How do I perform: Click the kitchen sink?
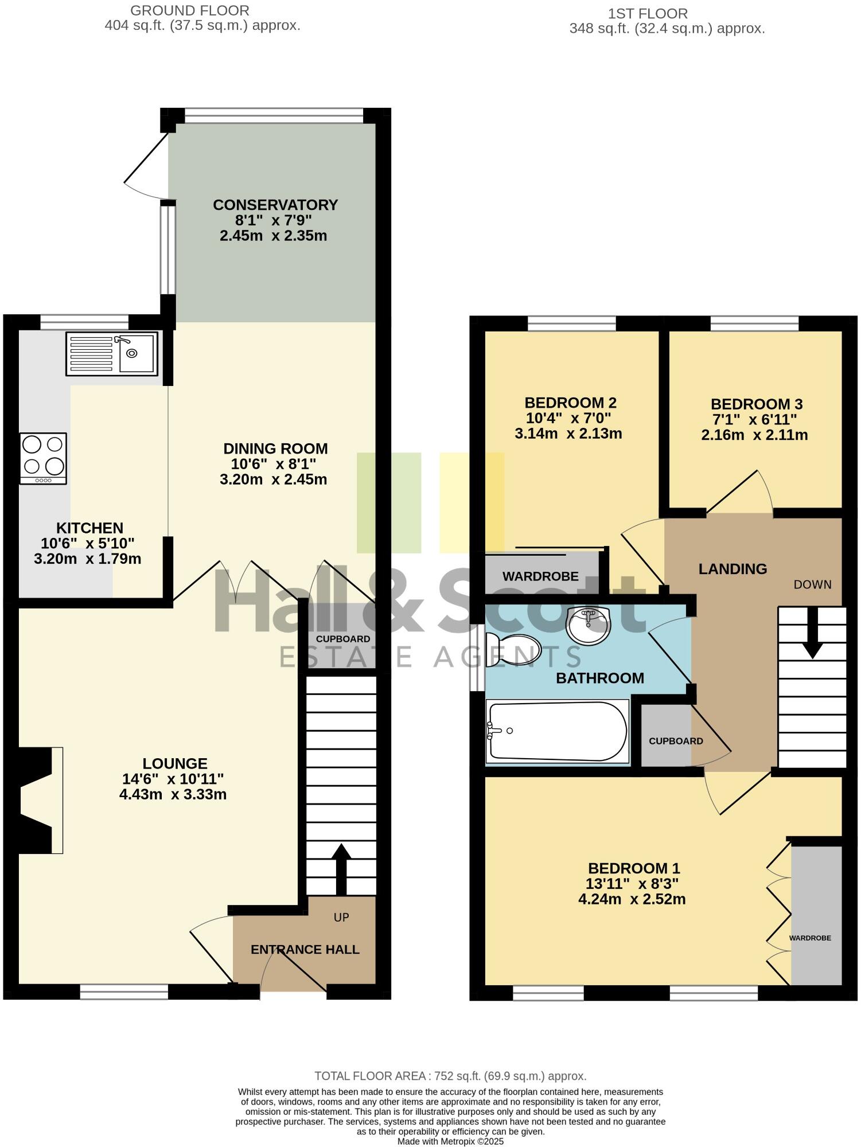tap(112, 354)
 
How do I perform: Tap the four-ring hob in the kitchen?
tap(43, 458)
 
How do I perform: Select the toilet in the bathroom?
tap(512, 650)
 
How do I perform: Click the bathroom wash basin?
tap(589, 626)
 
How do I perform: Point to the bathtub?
tap(557, 731)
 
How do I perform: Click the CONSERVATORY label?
tap(275, 205)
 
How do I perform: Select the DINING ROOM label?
tap(275, 448)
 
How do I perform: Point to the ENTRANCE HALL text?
tap(305, 949)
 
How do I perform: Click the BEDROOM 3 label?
tap(756, 404)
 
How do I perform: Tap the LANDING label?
tap(733, 569)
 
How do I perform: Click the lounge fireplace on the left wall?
tap(40, 800)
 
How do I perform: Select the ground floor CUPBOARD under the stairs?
tap(343, 639)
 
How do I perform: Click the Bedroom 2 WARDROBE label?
tap(540, 576)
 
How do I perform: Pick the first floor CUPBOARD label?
tap(676, 741)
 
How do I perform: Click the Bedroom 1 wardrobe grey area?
tap(816, 912)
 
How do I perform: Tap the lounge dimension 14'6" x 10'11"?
tap(173, 779)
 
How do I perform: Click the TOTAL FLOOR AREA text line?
tap(450, 1076)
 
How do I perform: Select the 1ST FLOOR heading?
tap(648, 13)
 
